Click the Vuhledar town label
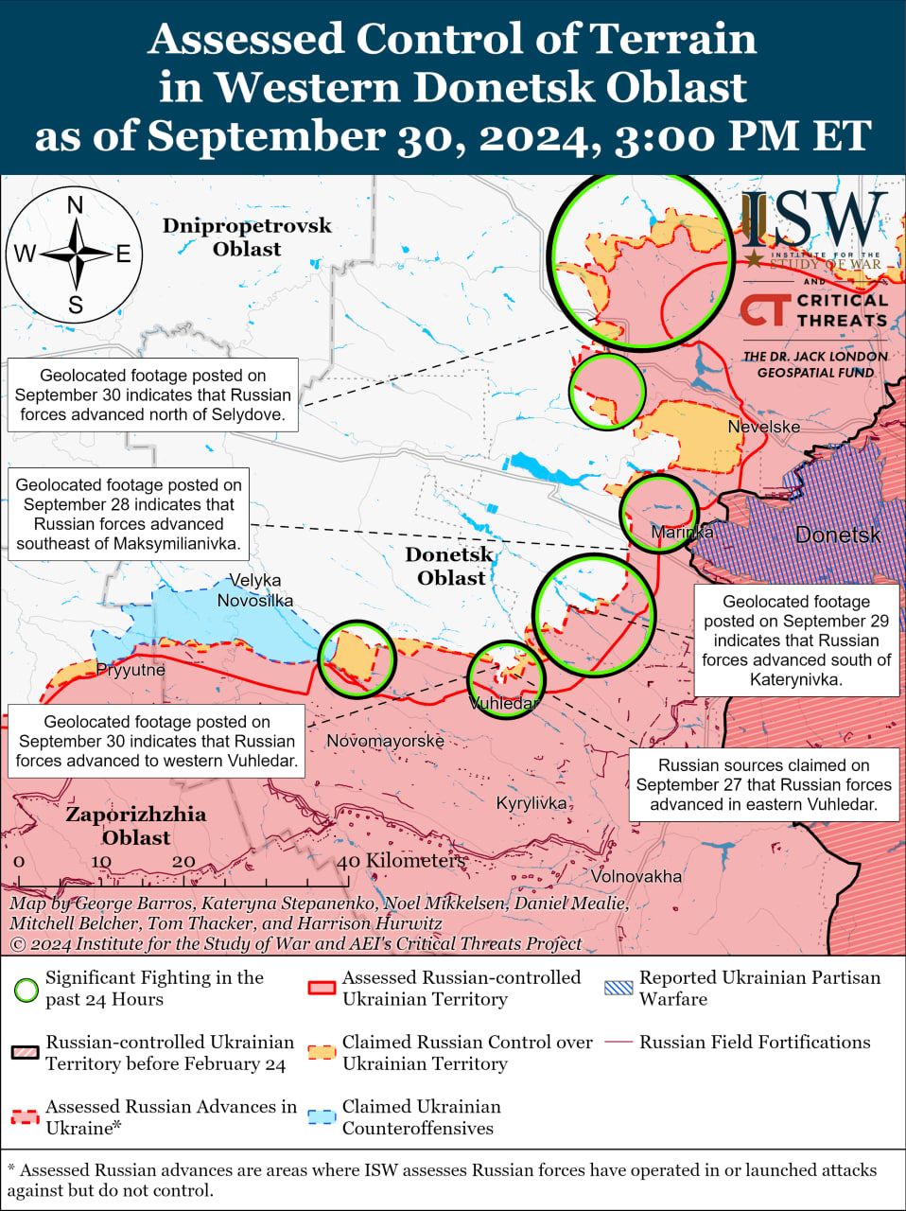[x=504, y=704]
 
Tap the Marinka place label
[x=682, y=533]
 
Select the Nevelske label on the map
[x=763, y=427]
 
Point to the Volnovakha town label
[x=636, y=876]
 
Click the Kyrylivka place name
[x=531, y=803]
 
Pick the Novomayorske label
[x=385, y=741]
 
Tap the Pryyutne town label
[x=131, y=670]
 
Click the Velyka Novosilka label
[x=254, y=590]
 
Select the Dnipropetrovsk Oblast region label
[x=247, y=237]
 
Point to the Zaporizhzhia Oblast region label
[x=136, y=825]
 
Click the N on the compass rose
[x=75, y=205]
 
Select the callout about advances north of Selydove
[x=152, y=395]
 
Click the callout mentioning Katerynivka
[x=795, y=641]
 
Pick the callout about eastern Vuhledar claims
[x=763, y=784]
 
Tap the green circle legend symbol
[x=26, y=989]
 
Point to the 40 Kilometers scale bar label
[x=403, y=861]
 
